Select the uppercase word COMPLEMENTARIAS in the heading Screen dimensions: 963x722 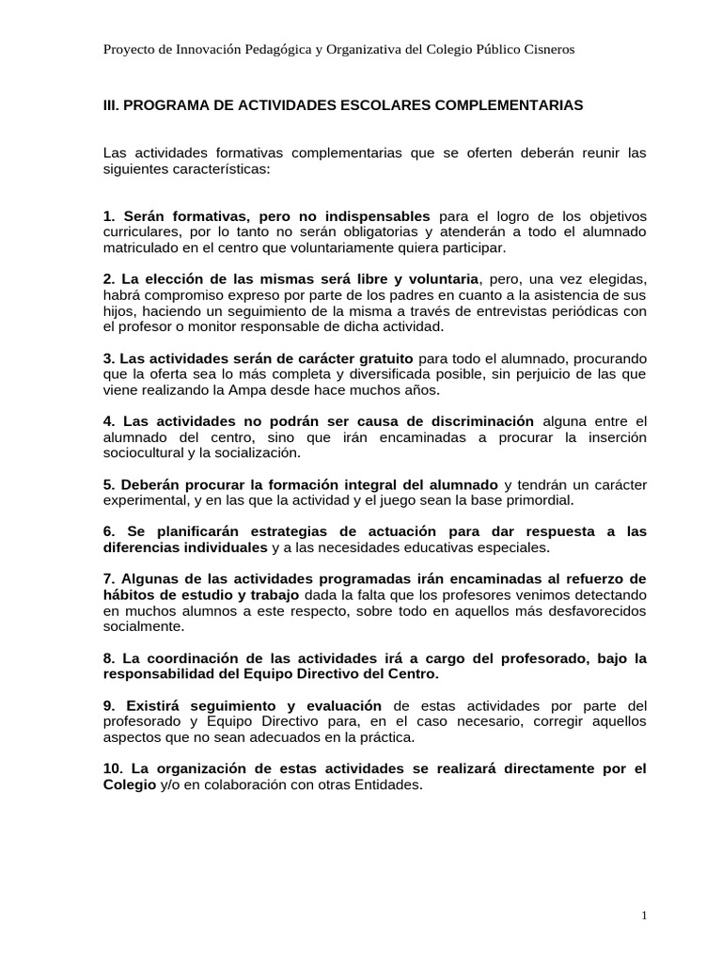(x=509, y=105)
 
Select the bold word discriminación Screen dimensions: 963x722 (x=472, y=420)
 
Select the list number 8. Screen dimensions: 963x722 (x=109, y=658)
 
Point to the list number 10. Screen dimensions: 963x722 (x=112, y=769)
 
